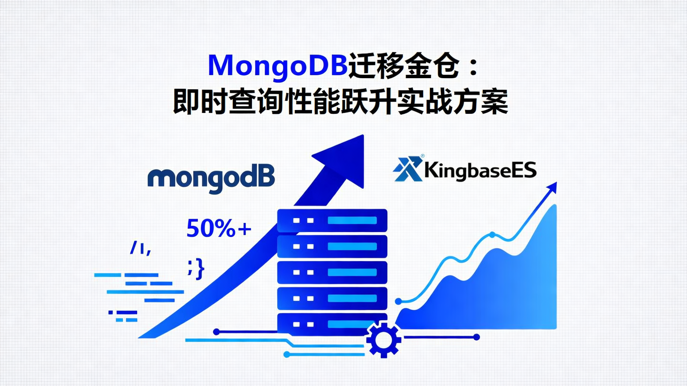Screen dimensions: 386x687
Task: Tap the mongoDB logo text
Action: coord(211,180)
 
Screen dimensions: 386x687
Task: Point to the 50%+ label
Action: coord(219,229)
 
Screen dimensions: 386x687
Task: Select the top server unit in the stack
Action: coord(332,221)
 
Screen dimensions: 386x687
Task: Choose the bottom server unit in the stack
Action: coord(332,324)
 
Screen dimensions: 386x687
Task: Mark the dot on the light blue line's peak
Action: coord(492,234)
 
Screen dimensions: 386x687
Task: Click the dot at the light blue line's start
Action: coord(399,301)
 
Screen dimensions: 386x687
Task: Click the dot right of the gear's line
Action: coord(476,337)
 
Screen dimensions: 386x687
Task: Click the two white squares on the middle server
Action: coord(303,273)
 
